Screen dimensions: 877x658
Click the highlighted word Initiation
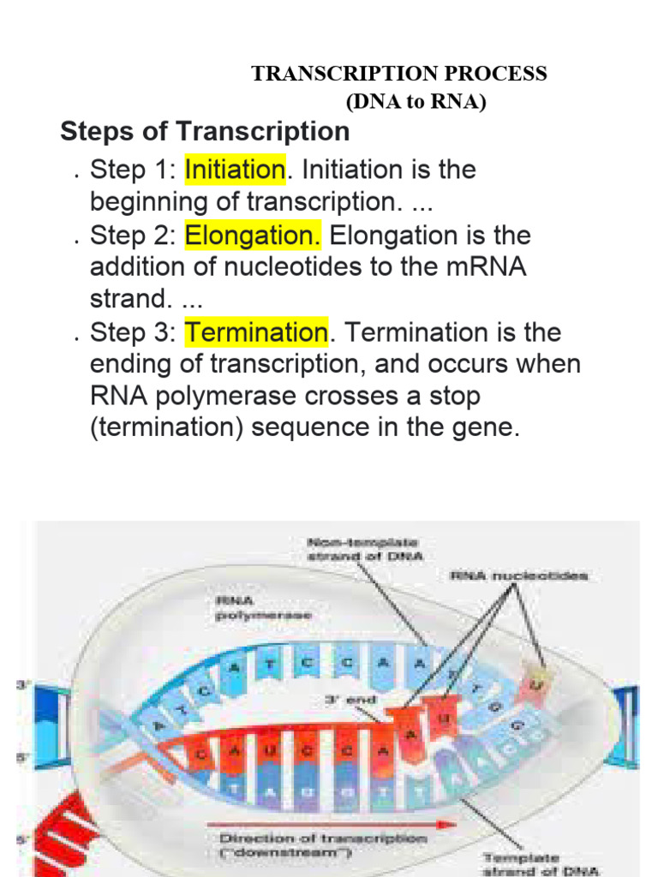(234, 170)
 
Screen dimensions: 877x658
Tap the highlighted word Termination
(256, 332)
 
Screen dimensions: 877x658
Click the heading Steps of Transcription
(205, 132)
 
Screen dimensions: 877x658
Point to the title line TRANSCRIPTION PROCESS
(399, 74)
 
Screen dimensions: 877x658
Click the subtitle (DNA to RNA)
(416, 103)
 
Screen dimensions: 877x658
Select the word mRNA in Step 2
(484, 267)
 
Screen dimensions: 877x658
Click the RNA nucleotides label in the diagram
(518, 576)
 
